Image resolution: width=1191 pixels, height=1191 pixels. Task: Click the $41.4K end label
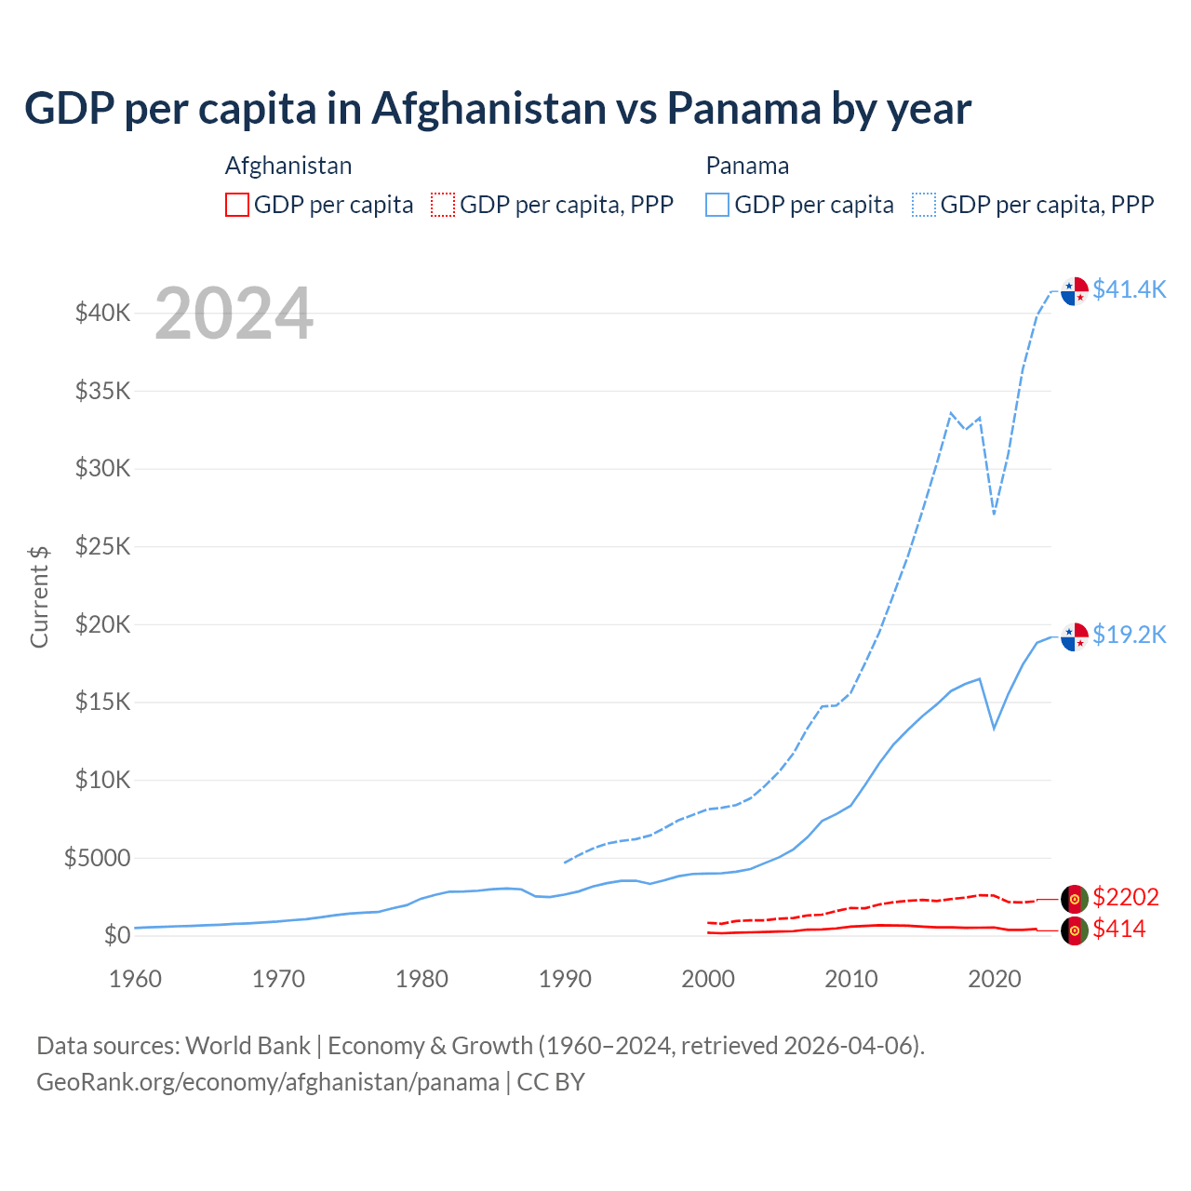click(1129, 289)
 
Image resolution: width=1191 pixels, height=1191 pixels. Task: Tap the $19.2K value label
click(1129, 635)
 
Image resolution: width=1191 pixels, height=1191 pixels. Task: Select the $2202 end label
click(1125, 897)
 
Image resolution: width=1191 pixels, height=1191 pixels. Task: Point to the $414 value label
click(1118, 929)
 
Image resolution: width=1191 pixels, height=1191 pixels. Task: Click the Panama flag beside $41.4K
click(1075, 290)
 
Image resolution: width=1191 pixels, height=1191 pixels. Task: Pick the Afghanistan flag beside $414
click(1075, 930)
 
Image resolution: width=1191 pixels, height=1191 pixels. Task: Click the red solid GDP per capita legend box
click(237, 205)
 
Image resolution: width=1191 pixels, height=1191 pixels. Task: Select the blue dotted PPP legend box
click(924, 205)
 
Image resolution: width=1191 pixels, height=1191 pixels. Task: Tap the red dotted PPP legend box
click(443, 205)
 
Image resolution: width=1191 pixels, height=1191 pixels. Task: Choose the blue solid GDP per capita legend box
click(717, 205)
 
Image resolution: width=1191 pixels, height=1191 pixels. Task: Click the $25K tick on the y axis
click(102, 546)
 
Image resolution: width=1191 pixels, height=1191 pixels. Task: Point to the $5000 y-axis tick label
click(97, 858)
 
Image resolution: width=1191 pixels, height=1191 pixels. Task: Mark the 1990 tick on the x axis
click(565, 979)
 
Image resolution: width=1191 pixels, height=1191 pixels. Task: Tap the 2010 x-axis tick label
click(851, 979)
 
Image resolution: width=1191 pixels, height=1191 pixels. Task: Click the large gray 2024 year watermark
click(234, 314)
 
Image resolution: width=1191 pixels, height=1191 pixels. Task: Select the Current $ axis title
click(39, 596)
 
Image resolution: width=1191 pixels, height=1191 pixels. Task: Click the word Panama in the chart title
click(743, 109)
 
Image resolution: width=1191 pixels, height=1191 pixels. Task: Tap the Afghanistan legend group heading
click(288, 166)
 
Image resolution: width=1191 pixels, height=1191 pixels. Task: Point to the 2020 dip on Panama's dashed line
click(995, 513)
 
